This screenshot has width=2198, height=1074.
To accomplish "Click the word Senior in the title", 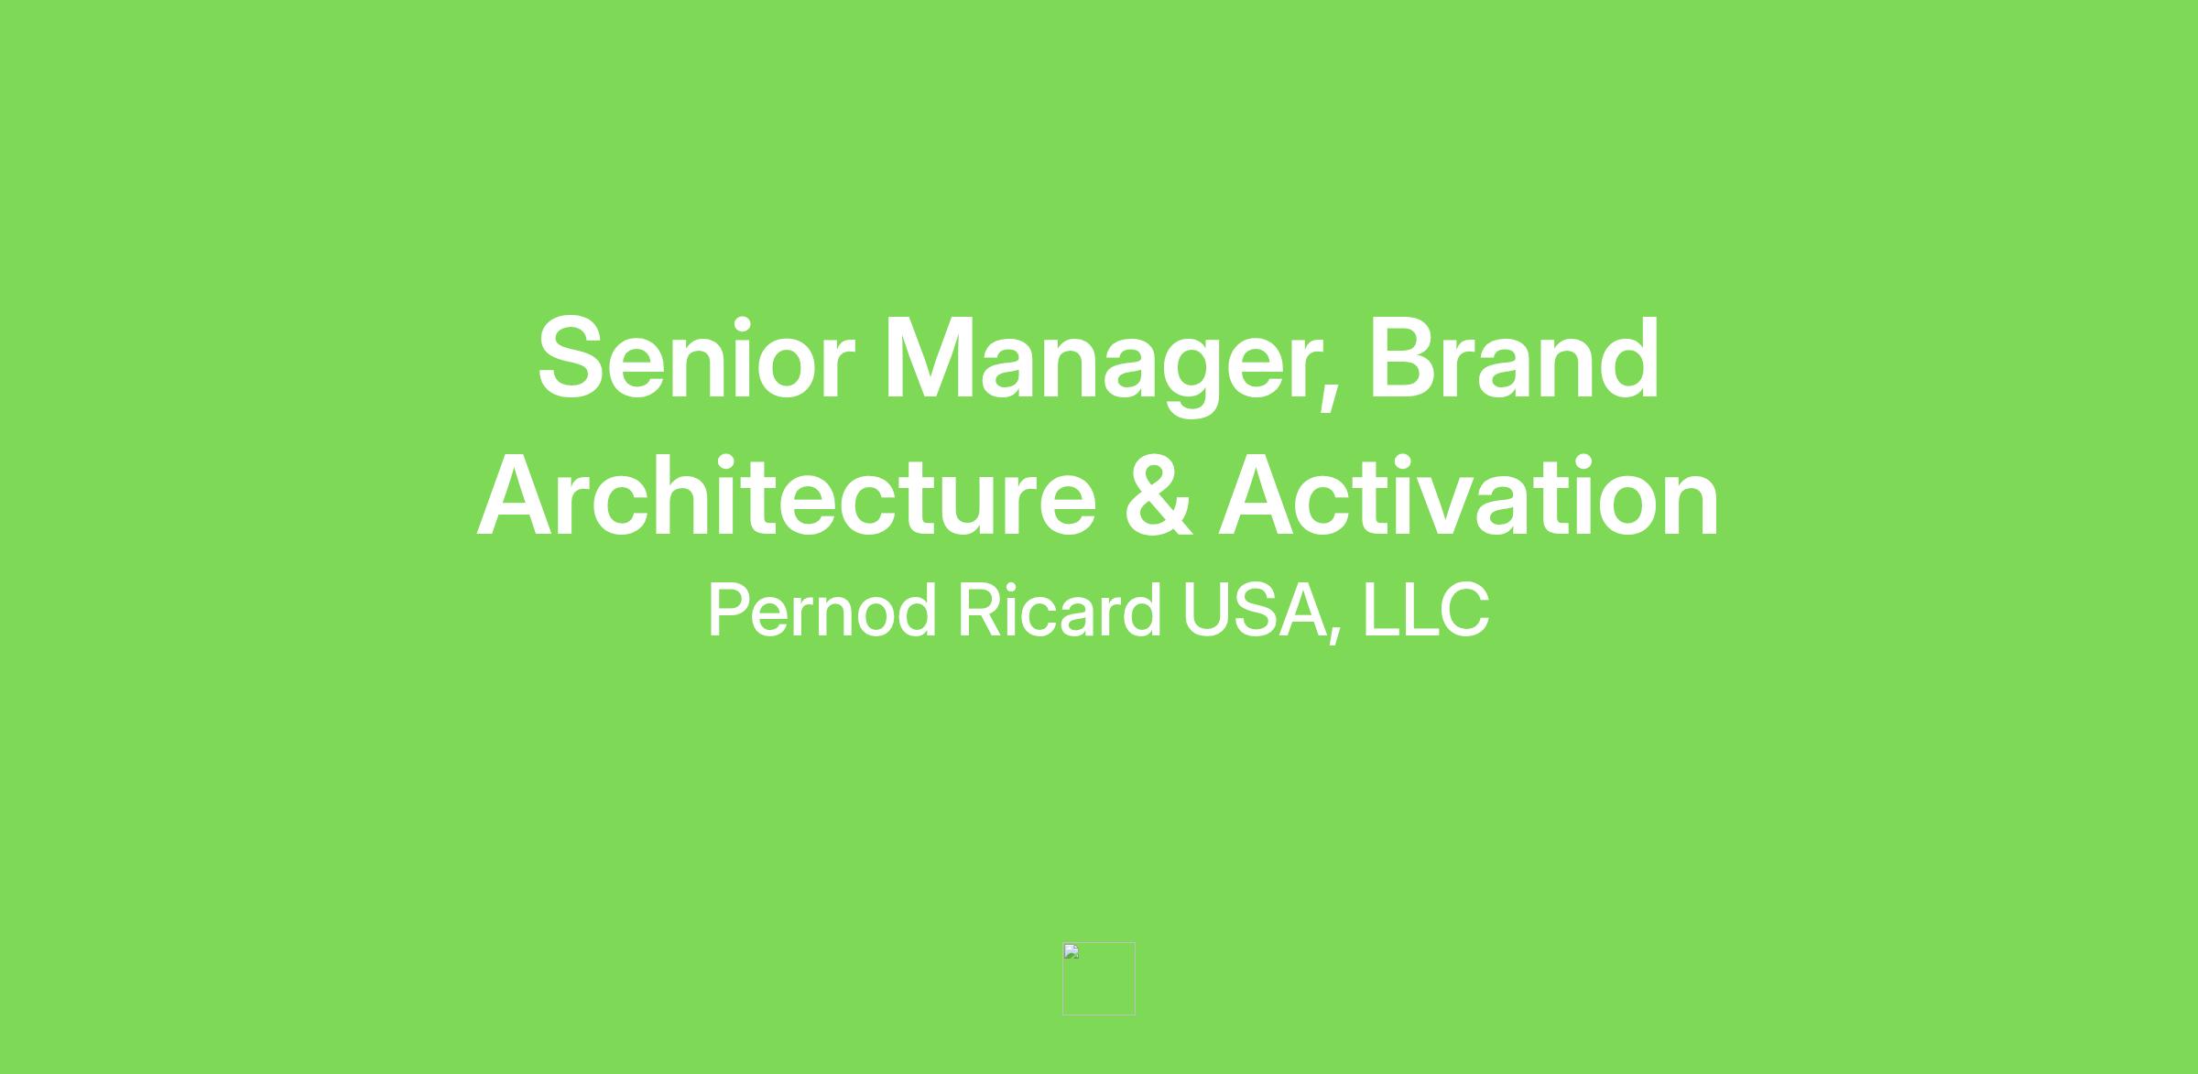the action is pyautogui.click(x=696, y=358).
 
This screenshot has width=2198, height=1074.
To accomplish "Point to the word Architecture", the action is pyautogui.click(x=787, y=495).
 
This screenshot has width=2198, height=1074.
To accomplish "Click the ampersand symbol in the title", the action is pyautogui.click(x=1159, y=495).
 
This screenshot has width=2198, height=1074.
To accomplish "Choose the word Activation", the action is pyautogui.click(x=1469, y=495).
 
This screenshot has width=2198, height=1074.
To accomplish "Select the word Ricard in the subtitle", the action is pyautogui.click(x=1060, y=610).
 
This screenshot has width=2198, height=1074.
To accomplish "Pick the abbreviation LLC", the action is pyautogui.click(x=1426, y=610).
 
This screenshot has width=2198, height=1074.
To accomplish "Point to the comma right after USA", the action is pyautogui.click(x=1335, y=632).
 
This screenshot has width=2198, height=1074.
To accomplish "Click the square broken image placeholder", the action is pyautogui.click(x=1099, y=978).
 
